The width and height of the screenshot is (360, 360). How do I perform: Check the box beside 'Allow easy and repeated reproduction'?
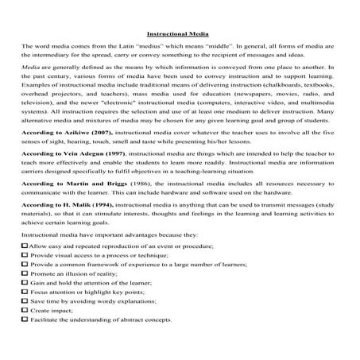coord(24,248)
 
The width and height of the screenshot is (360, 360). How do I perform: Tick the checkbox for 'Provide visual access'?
coord(24,257)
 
